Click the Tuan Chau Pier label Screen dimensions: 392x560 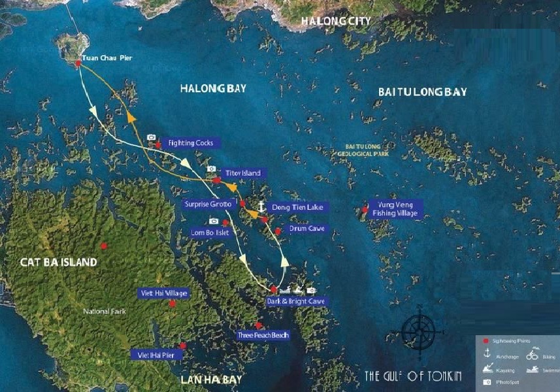coord(107,58)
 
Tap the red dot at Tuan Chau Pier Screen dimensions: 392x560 coord(78,63)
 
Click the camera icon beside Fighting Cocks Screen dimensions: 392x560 coord(152,138)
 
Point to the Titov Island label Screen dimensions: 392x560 coord(242,173)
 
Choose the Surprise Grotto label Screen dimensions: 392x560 coord(208,204)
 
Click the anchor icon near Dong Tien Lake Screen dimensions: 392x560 coord(261,206)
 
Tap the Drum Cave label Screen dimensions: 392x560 coord(306,229)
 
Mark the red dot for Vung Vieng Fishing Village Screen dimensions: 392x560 coord(364,210)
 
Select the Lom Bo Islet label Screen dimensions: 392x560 coord(208,232)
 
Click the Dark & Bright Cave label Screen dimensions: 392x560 coord(295,301)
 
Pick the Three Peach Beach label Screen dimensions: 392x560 coord(263,335)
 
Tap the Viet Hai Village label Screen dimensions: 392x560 coord(163,293)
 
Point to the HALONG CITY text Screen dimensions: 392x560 coord(335,21)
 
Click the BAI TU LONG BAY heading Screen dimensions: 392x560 coord(423,92)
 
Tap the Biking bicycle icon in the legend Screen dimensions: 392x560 coord(532,356)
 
